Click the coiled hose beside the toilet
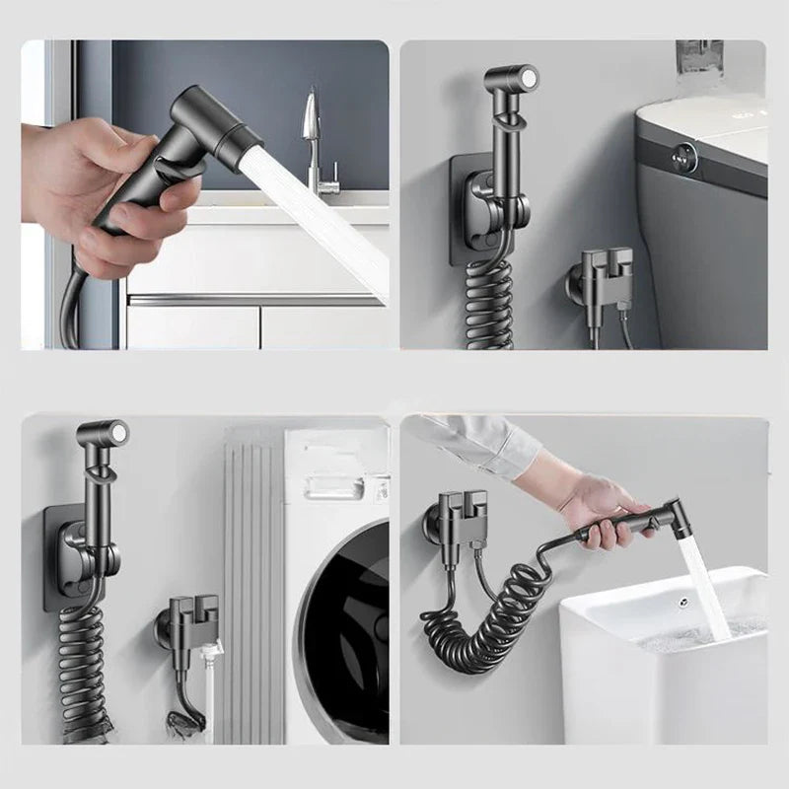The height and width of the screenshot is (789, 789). click(490, 296)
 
